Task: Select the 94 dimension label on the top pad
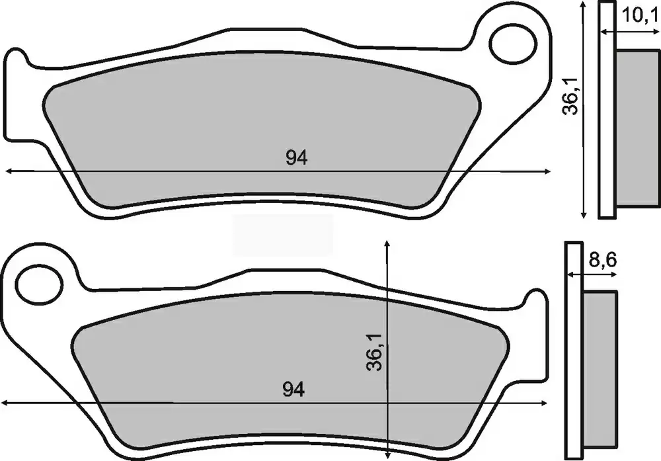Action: [x=297, y=157]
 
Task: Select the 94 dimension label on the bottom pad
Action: [x=293, y=390]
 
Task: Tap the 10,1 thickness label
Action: [x=639, y=16]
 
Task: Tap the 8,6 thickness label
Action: [x=603, y=260]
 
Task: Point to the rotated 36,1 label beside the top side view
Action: [x=572, y=99]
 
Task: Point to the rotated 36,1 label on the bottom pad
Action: [x=374, y=351]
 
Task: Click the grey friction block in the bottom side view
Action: [x=600, y=369]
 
